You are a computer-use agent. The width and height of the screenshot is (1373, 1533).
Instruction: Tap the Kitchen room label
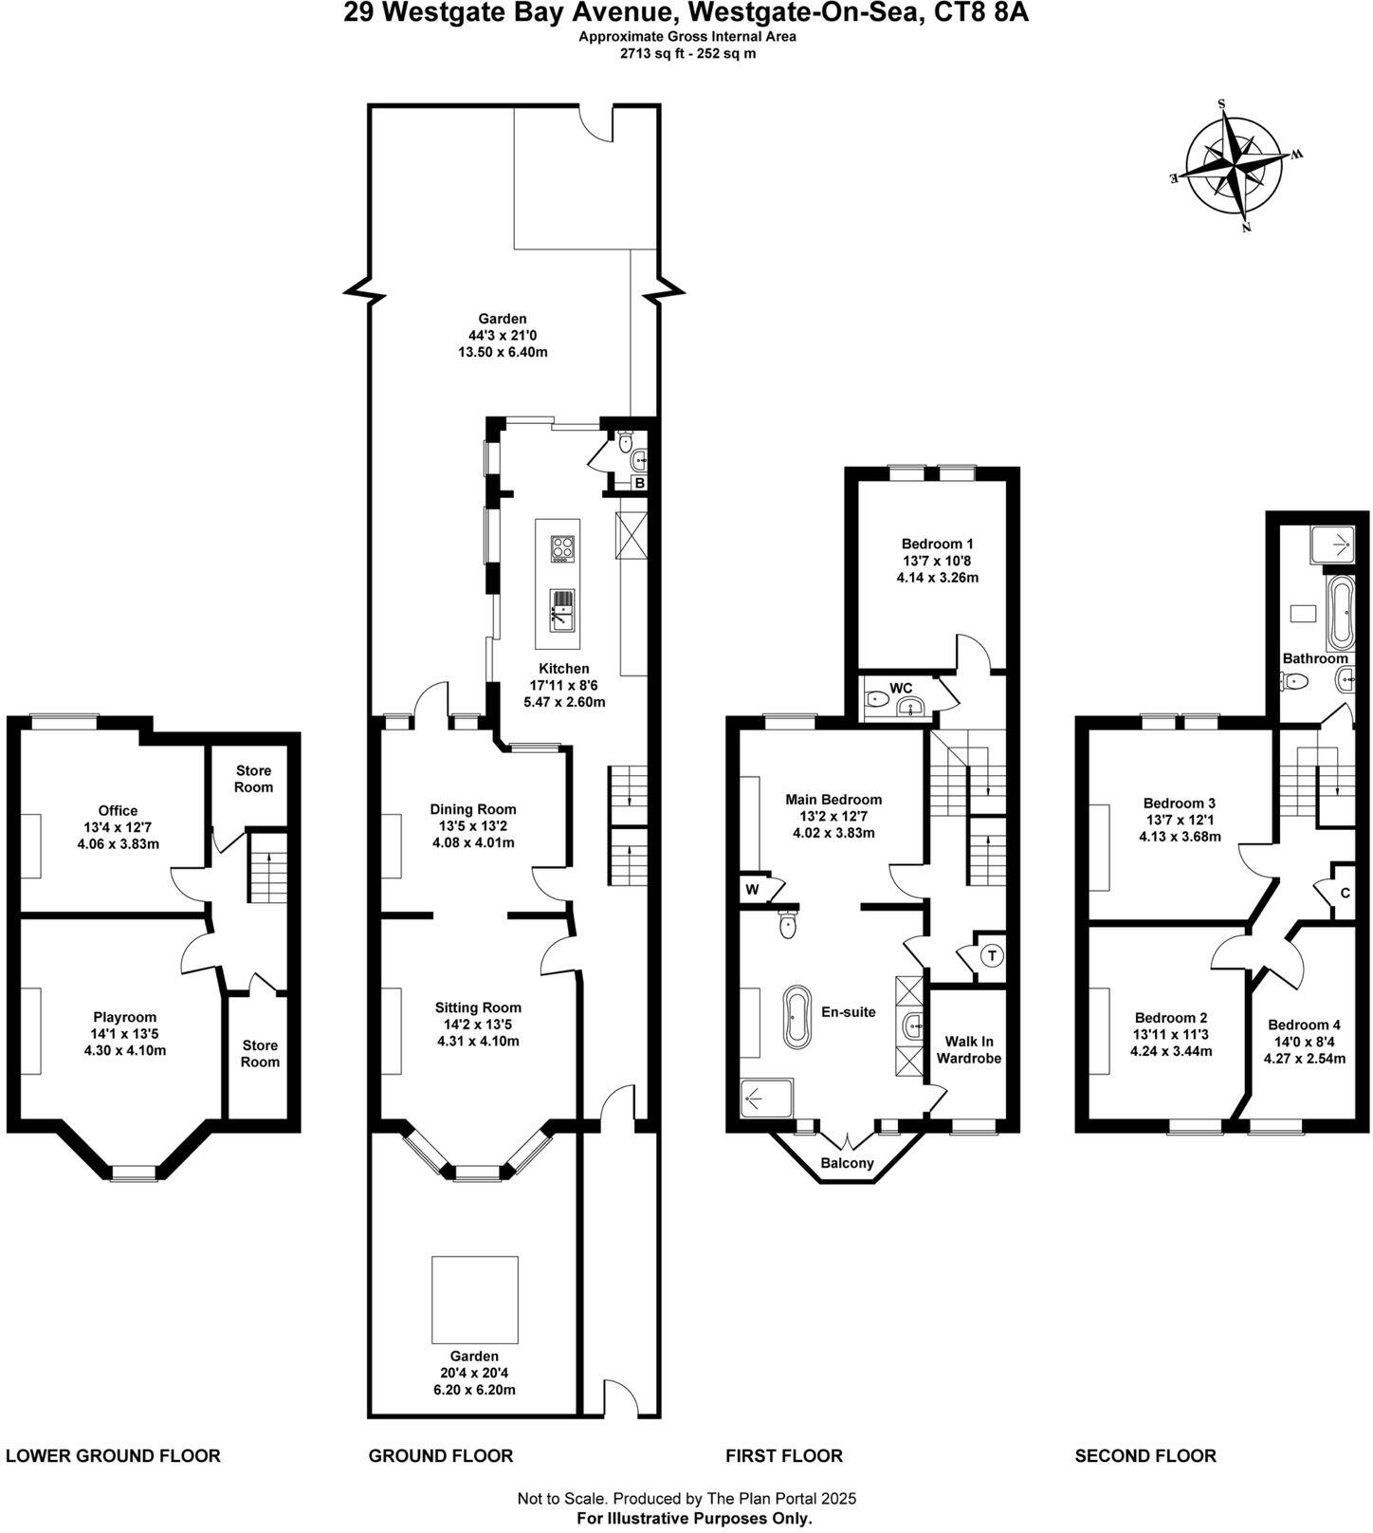pos(563,669)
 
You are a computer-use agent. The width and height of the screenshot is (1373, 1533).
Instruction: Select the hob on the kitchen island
pos(562,549)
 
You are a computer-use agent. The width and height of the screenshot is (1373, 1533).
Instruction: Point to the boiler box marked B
pos(640,483)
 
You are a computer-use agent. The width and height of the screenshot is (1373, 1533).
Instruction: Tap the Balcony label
pos(847,1163)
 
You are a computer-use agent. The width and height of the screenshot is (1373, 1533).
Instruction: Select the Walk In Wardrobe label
pos(967,1049)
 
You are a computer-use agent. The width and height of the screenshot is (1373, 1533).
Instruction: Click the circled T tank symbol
pos(992,955)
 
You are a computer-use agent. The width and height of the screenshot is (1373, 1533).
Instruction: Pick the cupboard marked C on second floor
pos(1345,893)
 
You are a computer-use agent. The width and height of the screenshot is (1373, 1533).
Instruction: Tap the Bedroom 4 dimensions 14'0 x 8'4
pos(1304,1042)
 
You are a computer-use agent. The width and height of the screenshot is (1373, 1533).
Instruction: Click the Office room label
pos(118,810)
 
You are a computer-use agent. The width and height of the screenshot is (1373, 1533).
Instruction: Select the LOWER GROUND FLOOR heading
pos(113,1455)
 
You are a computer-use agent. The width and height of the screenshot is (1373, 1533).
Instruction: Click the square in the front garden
pos(474,1297)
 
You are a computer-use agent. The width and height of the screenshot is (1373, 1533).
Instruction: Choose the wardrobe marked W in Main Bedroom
pos(752,890)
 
